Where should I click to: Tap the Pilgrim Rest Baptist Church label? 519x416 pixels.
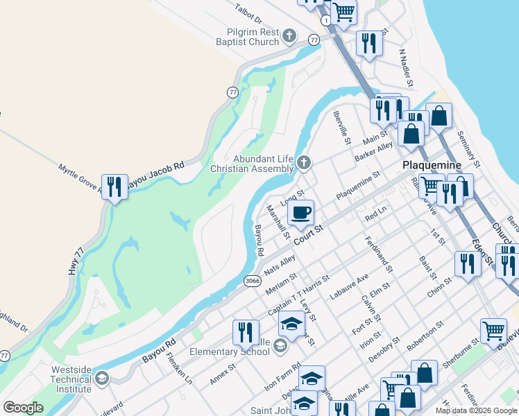(253, 37)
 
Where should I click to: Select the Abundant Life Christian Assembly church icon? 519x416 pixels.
(303, 163)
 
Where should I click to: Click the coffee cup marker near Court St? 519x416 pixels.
(300, 212)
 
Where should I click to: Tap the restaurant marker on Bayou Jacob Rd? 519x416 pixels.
(114, 187)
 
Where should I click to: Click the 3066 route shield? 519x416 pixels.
(253, 281)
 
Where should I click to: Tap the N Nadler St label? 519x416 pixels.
(406, 67)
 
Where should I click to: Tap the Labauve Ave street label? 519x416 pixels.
(349, 286)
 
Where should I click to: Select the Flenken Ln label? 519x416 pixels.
(180, 368)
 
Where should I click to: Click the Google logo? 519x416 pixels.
(23, 408)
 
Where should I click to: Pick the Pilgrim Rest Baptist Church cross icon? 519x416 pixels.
(290, 36)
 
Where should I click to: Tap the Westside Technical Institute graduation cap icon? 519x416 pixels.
(102, 378)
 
